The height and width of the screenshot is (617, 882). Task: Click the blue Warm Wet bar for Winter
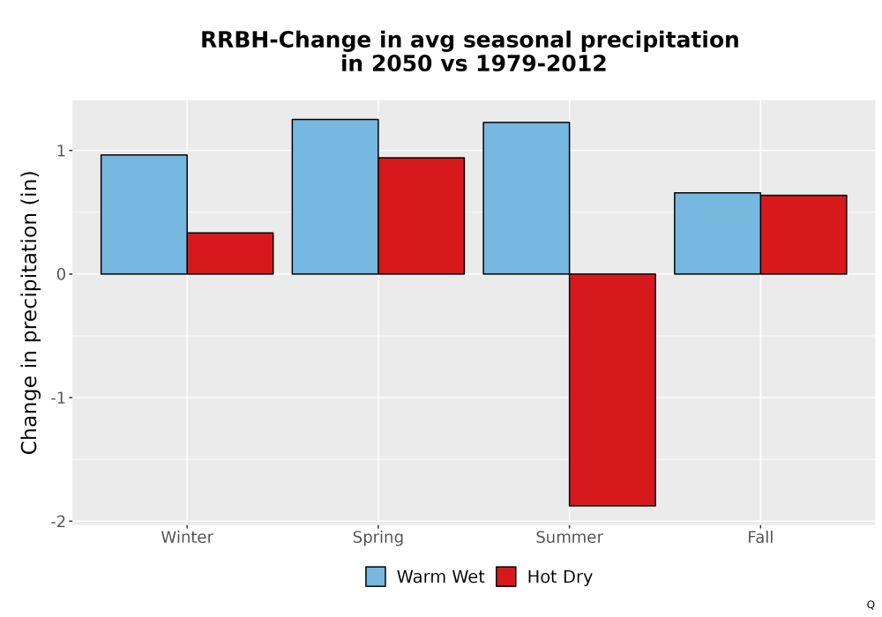click(144, 214)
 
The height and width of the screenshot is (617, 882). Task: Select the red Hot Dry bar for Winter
click(230, 254)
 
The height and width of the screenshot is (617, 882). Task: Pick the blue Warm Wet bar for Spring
click(335, 197)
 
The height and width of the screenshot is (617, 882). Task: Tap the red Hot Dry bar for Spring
click(422, 216)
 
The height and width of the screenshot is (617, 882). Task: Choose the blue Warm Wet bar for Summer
click(527, 197)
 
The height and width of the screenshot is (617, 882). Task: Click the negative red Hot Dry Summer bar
click(613, 390)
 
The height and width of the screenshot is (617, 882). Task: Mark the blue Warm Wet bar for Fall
click(717, 234)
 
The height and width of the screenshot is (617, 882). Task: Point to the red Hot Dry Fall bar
click(804, 234)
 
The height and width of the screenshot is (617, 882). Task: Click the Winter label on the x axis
click(187, 537)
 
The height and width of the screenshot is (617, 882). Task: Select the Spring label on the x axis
click(378, 538)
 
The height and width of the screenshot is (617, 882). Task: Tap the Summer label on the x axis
click(569, 537)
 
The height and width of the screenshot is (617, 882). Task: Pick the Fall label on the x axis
click(760, 537)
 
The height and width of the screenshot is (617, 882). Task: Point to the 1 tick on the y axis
click(61, 151)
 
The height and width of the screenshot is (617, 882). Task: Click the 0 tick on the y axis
click(61, 274)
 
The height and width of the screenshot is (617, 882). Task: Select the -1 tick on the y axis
click(58, 398)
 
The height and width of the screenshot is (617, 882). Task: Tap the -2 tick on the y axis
click(58, 522)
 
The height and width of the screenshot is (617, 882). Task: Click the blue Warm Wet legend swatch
click(376, 576)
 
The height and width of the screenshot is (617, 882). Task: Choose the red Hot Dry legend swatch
click(506, 576)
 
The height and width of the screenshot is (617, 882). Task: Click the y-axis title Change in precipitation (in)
click(29, 312)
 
